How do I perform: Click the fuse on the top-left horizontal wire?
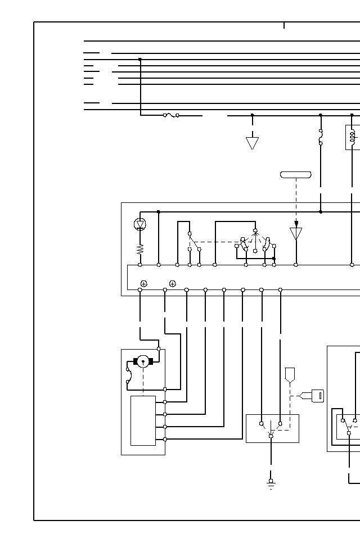pyautogui.click(x=171, y=115)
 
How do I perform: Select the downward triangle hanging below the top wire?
pyautogui.click(x=252, y=143)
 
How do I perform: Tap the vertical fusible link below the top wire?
pyautogui.click(x=321, y=137)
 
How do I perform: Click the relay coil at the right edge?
pyautogui.click(x=353, y=137)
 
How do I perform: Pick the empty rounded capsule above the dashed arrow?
pyautogui.click(x=296, y=175)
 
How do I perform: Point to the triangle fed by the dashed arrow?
pyautogui.click(x=296, y=233)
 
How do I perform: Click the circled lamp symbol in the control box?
pyautogui.click(x=140, y=224)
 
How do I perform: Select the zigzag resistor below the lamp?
pyautogui.click(x=140, y=249)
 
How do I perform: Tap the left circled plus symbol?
pyautogui.click(x=144, y=284)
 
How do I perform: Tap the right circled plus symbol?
pyautogui.click(x=173, y=284)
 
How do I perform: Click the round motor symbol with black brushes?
pyautogui.click(x=143, y=361)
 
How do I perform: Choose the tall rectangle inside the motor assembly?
pyautogui.click(x=143, y=420)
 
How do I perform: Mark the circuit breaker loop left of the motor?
pyautogui.click(x=129, y=375)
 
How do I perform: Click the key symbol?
pyautogui.click(x=317, y=396)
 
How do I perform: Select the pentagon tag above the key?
pyautogui.click(x=290, y=374)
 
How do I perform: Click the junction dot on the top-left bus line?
pyautogui.click(x=140, y=59)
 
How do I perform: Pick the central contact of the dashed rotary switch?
pyautogui.click(x=255, y=231)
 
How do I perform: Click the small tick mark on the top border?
pyautogui.click(x=284, y=25)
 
